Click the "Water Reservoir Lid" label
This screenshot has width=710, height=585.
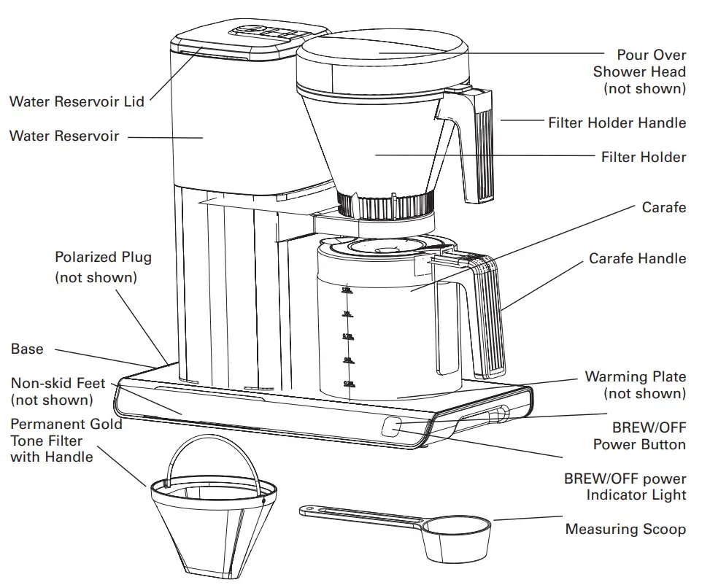click(x=77, y=101)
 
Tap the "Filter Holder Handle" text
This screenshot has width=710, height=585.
click(x=617, y=123)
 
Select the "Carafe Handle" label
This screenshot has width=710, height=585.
click(x=637, y=258)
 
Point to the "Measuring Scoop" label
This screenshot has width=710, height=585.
click(x=625, y=530)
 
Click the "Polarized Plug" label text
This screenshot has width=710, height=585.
click(x=103, y=257)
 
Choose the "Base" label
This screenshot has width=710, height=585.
click(x=27, y=349)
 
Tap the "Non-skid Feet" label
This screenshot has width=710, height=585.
click(x=58, y=383)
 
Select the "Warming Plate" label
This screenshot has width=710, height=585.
click(x=635, y=377)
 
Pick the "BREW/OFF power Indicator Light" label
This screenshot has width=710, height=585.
click(x=625, y=487)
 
